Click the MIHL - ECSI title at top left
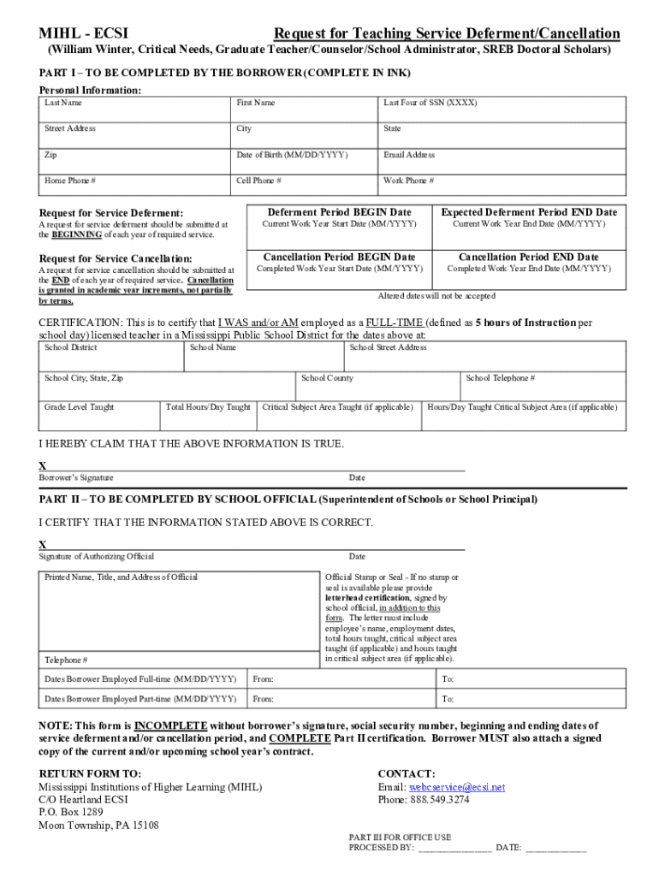click(84, 33)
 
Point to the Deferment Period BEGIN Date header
click(339, 212)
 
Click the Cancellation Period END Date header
click(528, 257)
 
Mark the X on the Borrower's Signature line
click(43, 466)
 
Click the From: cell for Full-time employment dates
click(340, 679)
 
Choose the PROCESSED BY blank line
click(454, 849)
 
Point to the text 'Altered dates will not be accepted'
click(436, 296)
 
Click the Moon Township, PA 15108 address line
click(98, 826)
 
